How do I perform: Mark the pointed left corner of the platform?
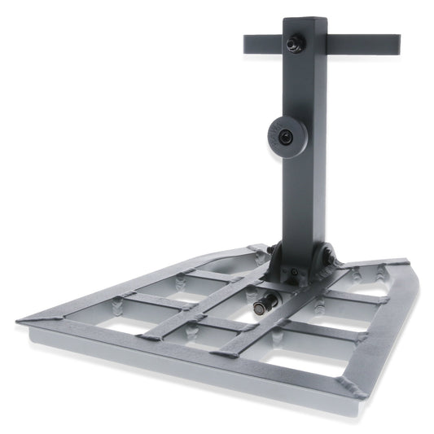(18, 323)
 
